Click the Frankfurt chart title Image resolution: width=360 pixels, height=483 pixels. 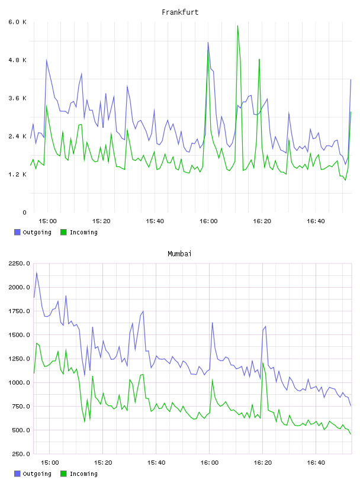tap(180, 12)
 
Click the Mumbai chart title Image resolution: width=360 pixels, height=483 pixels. tap(179, 254)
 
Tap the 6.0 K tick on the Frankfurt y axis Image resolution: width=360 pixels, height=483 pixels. tap(18, 22)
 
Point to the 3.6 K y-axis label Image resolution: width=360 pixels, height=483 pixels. tap(18, 98)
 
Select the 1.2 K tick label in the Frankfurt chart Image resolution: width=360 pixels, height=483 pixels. tap(18, 175)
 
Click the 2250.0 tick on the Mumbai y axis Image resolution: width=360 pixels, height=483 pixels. tap(20, 263)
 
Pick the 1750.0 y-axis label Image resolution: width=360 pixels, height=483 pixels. tap(20, 311)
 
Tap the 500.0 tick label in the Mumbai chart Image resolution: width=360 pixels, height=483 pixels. tap(21, 430)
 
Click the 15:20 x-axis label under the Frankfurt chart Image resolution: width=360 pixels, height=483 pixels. tap(101, 221)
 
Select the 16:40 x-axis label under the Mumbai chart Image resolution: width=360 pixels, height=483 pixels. tap(316, 463)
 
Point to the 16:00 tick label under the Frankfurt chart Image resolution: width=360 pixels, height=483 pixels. tap(208, 221)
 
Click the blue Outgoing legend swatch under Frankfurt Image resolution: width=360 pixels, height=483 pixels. tap(17, 232)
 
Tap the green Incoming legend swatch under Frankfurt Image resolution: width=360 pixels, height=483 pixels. tap(63, 232)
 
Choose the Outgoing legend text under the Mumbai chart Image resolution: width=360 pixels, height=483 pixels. tap(37, 474)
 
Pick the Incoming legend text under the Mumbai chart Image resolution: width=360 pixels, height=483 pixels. tap(83, 474)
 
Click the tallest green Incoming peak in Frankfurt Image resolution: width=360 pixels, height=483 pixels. tap(237, 26)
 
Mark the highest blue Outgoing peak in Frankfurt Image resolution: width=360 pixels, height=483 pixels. tap(208, 43)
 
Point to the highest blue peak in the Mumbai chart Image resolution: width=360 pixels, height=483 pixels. tap(37, 273)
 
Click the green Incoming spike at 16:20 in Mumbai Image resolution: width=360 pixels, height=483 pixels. tap(263, 363)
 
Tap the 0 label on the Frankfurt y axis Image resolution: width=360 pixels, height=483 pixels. tap(24, 212)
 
